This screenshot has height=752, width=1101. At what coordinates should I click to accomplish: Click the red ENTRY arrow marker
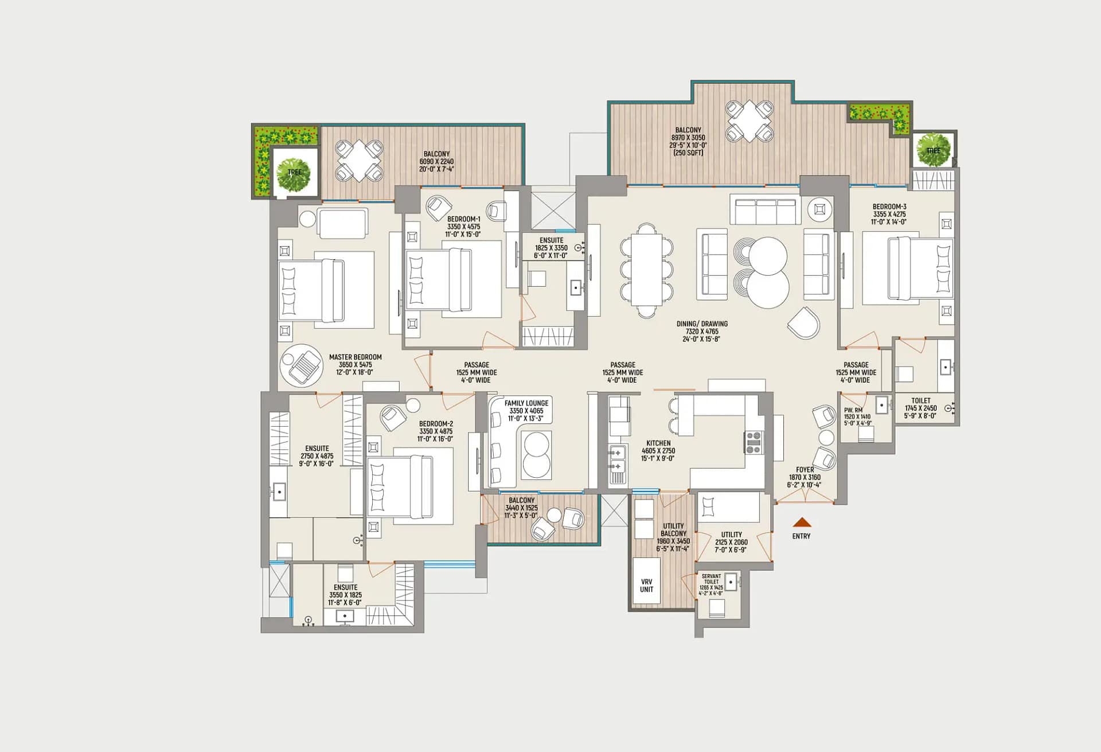pos(802,522)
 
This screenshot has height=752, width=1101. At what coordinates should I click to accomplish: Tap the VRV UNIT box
pos(646,580)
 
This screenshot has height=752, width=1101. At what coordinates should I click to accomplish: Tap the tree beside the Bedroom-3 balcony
pos(933,150)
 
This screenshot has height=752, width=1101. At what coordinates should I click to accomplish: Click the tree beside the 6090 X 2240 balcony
pos(294,174)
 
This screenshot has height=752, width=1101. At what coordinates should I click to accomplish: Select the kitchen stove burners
pos(753,443)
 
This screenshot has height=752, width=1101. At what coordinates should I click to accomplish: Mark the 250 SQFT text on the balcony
pos(688,153)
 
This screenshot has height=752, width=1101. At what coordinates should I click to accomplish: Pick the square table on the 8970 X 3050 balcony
pos(749,121)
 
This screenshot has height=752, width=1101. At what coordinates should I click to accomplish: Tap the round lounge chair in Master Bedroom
pos(302,365)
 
